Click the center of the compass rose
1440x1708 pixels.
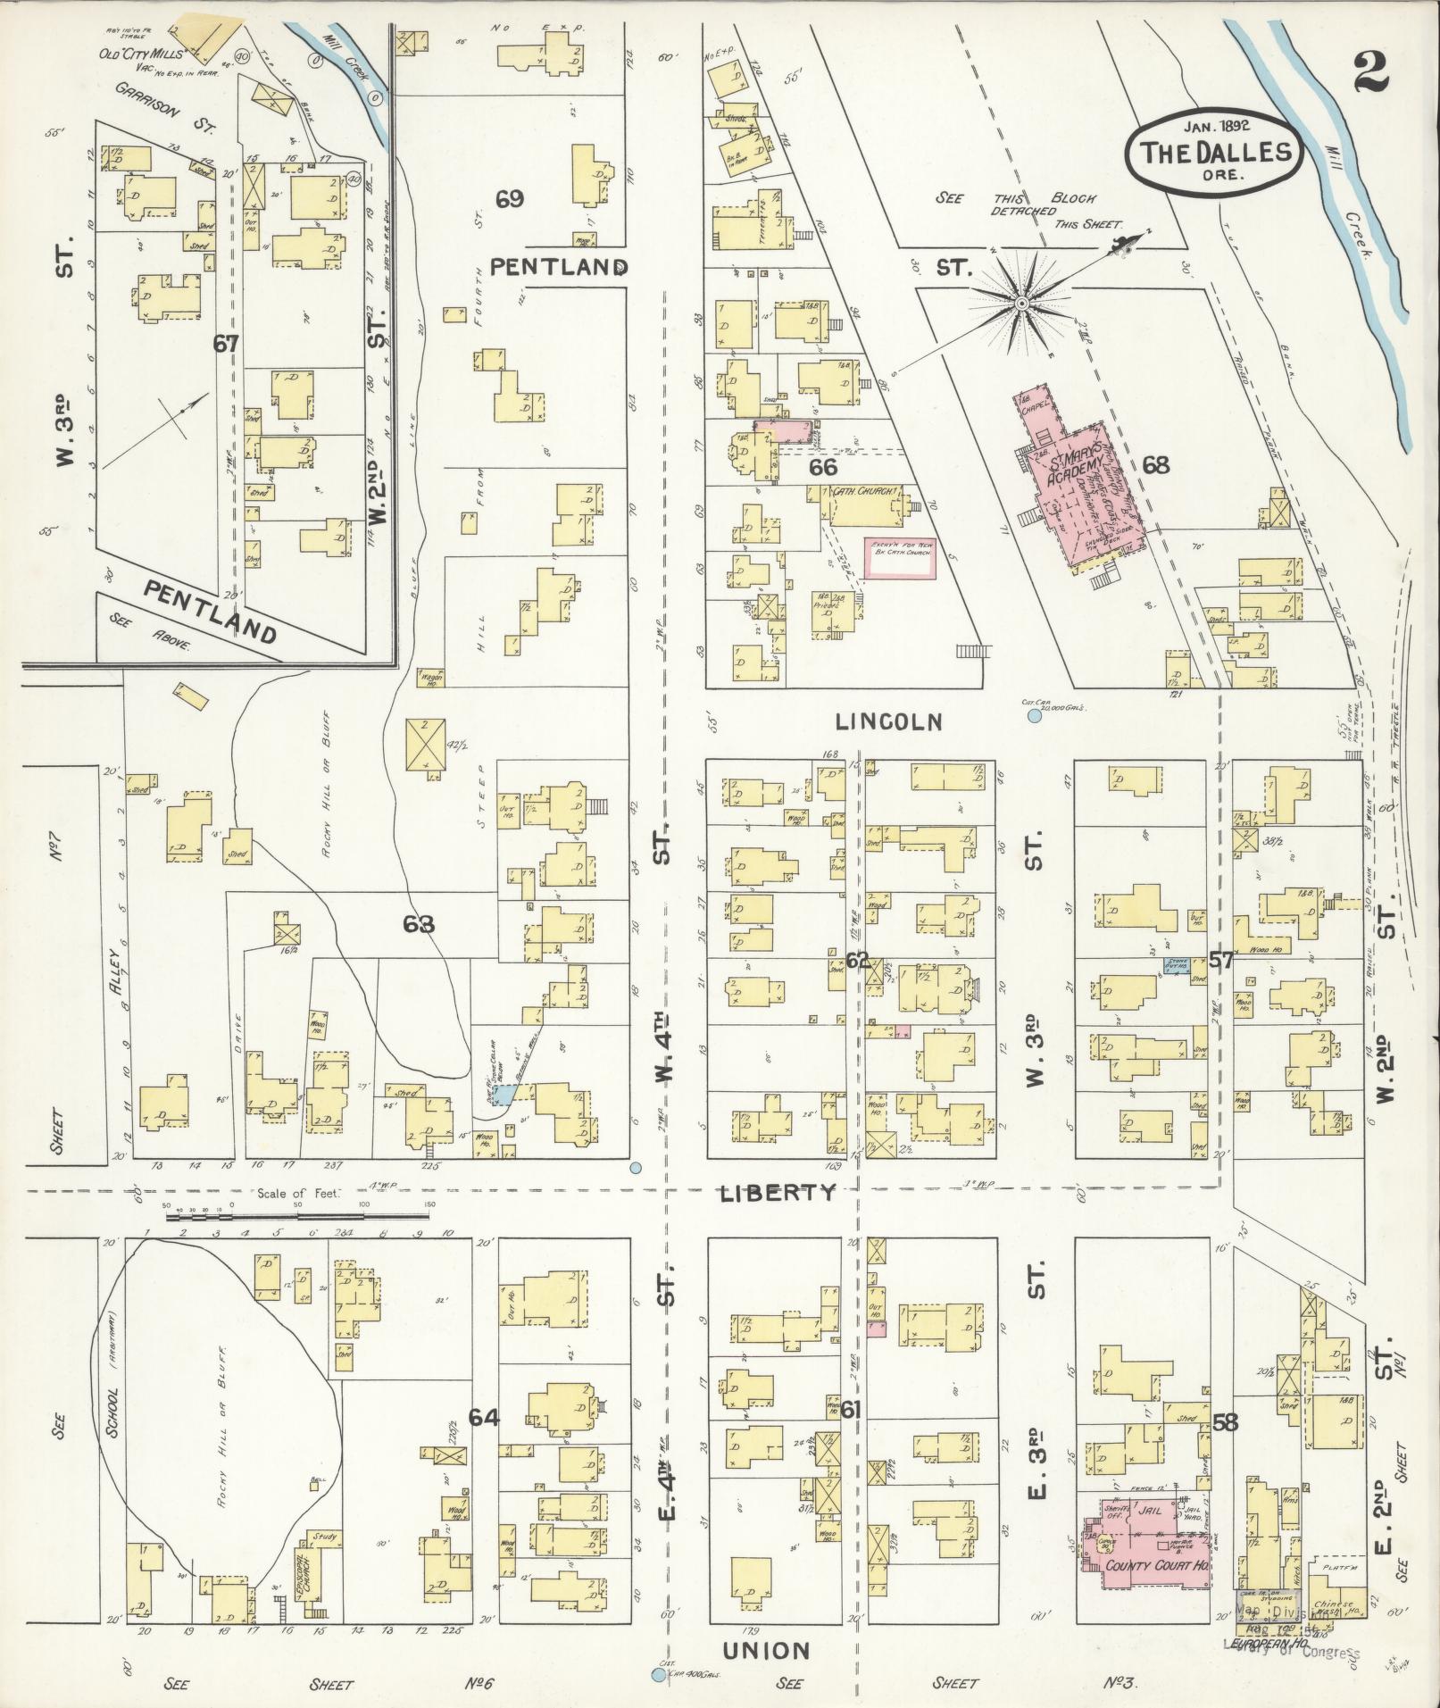pyautogui.click(x=1020, y=305)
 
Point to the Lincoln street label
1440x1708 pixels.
pyautogui.click(x=889, y=721)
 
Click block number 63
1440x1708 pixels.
pyautogui.click(x=418, y=924)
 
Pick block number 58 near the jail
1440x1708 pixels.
pyautogui.click(x=1225, y=1423)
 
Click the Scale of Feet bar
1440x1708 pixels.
pyautogui.click(x=299, y=1215)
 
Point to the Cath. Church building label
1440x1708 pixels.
pyautogui.click(x=864, y=492)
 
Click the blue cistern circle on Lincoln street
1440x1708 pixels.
pyautogui.click(x=1035, y=716)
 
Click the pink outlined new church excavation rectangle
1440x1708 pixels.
pyautogui.click(x=899, y=559)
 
